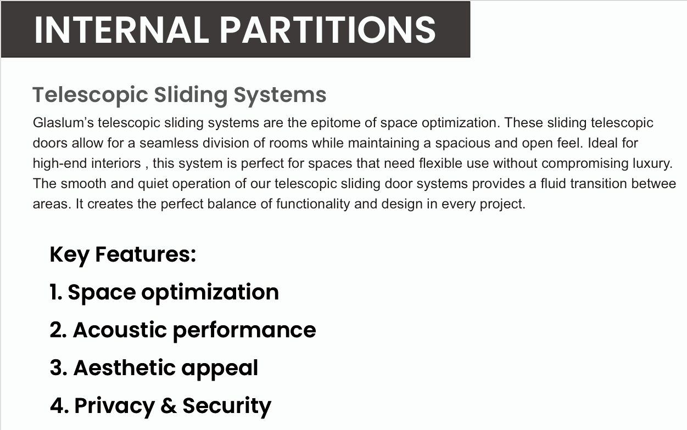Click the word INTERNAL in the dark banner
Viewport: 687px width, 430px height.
[121, 30]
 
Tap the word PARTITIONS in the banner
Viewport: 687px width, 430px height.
[327, 30]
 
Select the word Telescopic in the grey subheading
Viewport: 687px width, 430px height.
[90, 95]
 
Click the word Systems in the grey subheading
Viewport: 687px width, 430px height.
[280, 95]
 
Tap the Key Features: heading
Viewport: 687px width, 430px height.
[122, 255]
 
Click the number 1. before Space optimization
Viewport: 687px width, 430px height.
[56, 292]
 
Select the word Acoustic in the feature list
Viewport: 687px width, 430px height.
[120, 330]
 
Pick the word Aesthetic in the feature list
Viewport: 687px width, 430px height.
[125, 368]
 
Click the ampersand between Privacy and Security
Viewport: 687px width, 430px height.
[169, 405]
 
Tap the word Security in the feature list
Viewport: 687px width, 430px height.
[227, 406]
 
